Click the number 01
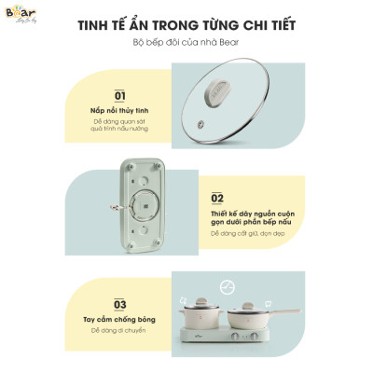point(118,96)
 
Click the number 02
point(218,199)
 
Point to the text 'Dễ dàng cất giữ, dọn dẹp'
point(244,233)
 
